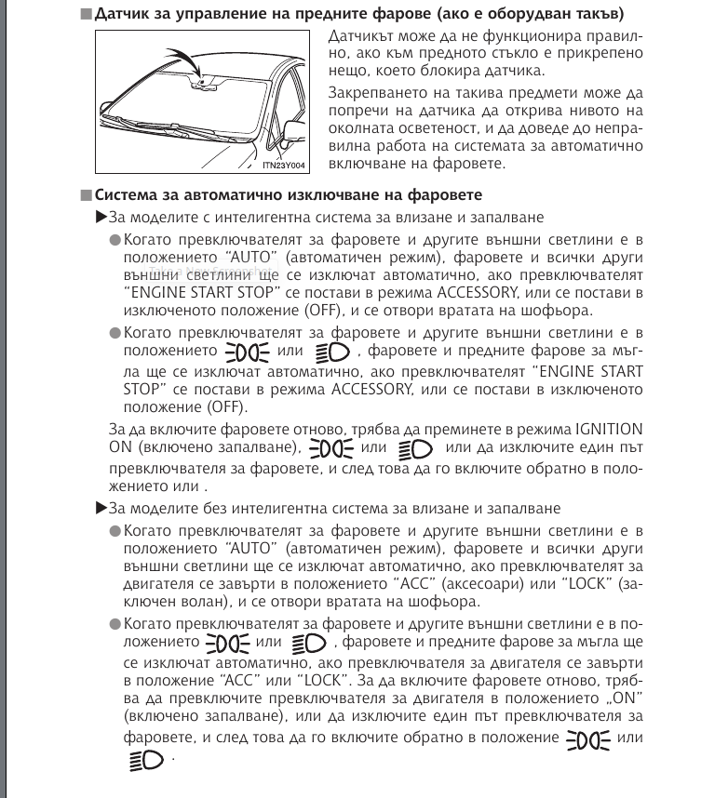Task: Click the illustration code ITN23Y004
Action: (287, 166)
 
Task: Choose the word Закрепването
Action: (375, 93)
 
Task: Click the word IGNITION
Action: (609, 429)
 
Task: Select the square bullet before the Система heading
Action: (85, 195)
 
